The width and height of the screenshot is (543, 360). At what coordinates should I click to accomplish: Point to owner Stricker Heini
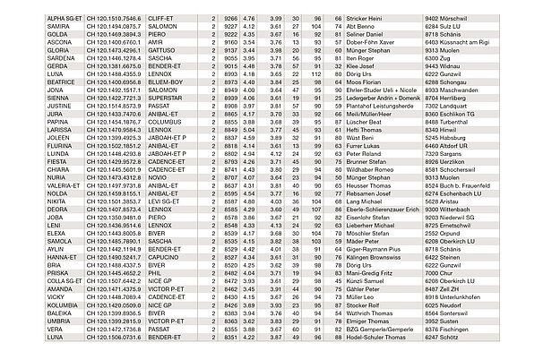[362, 18]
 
